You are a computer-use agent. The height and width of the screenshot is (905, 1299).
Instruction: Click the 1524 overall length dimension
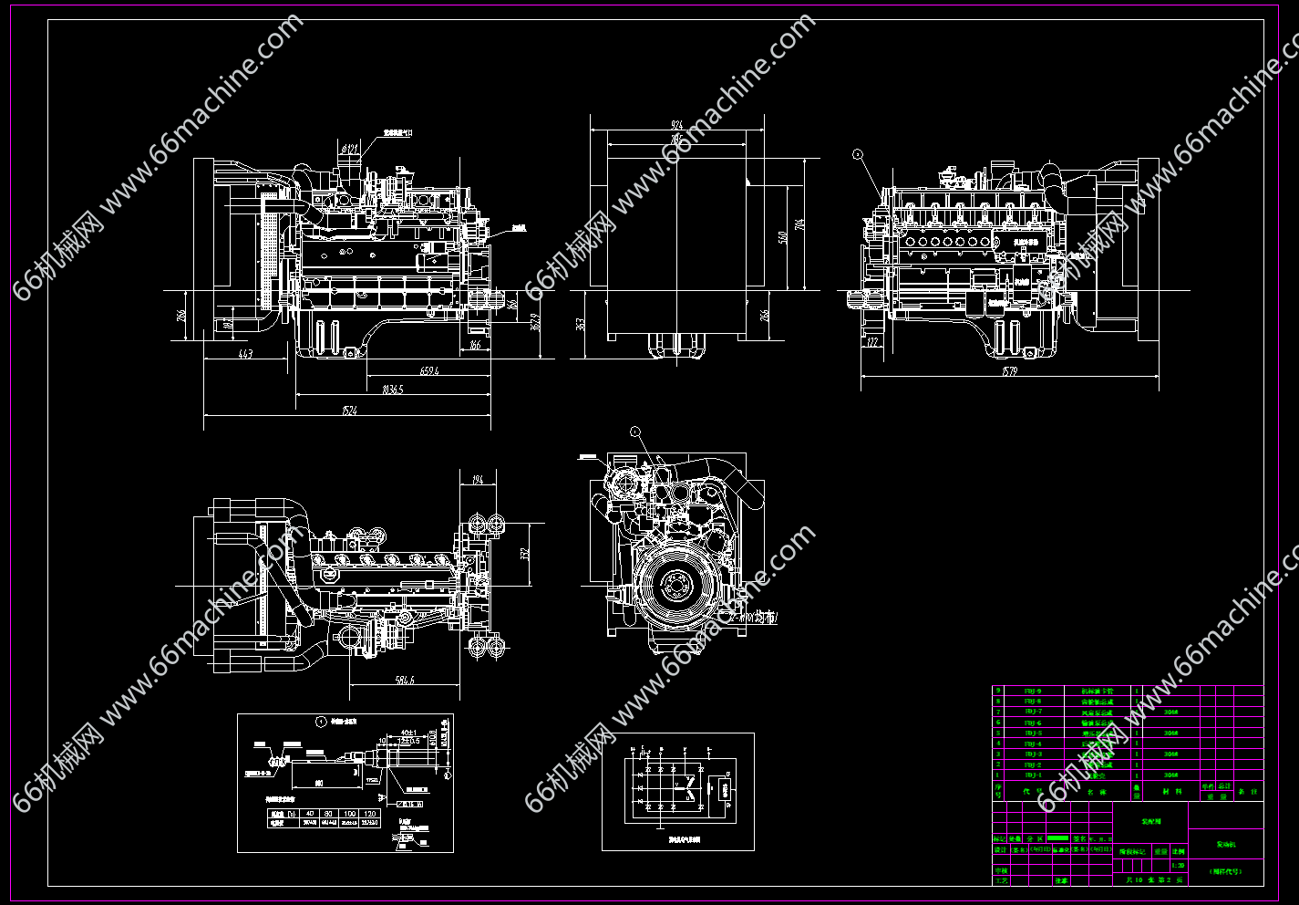(350, 411)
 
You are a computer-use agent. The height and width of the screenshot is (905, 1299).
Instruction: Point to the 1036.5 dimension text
(393, 390)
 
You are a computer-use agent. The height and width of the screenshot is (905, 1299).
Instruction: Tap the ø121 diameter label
(350, 148)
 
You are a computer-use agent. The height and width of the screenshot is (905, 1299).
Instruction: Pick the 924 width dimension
(677, 124)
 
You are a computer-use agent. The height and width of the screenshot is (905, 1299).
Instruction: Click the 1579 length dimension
(1008, 371)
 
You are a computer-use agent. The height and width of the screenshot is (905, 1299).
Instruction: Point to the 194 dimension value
(478, 480)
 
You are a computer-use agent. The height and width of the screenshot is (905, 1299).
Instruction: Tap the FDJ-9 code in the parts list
(1033, 691)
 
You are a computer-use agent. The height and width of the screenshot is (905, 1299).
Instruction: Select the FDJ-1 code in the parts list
(1033, 775)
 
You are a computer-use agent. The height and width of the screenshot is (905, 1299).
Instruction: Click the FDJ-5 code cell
(1033, 733)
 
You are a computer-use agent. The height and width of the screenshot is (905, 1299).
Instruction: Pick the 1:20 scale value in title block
(1179, 866)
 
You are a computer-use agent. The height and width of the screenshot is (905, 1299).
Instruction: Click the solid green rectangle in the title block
(1057, 837)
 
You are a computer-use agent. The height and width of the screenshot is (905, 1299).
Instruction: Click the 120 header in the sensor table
(369, 813)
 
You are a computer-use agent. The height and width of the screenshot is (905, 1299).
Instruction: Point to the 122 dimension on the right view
(873, 343)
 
